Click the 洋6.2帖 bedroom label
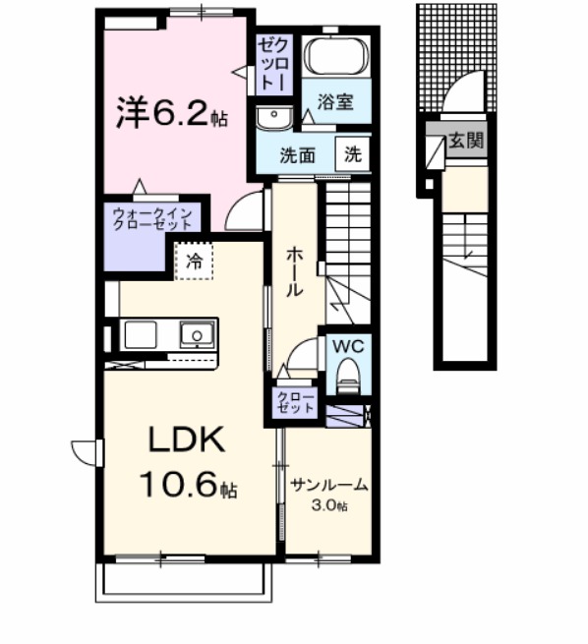[x=172, y=112]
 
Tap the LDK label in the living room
[x=187, y=439]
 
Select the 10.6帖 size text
[x=189, y=484]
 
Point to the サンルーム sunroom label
[x=328, y=485]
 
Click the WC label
[x=348, y=346]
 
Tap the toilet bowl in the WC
[x=348, y=373]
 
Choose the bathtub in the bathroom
[x=336, y=56]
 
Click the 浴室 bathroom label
[x=335, y=101]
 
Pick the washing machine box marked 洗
[x=352, y=154]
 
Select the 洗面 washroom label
[x=297, y=156]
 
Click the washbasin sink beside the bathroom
[x=274, y=117]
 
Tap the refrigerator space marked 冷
[x=195, y=262]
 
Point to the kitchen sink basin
[x=197, y=335]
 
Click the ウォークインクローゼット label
[x=152, y=218]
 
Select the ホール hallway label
[x=294, y=271]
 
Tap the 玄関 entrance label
[x=466, y=141]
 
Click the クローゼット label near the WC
[x=296, y=402]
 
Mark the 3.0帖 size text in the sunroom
[x=329, y=504]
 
